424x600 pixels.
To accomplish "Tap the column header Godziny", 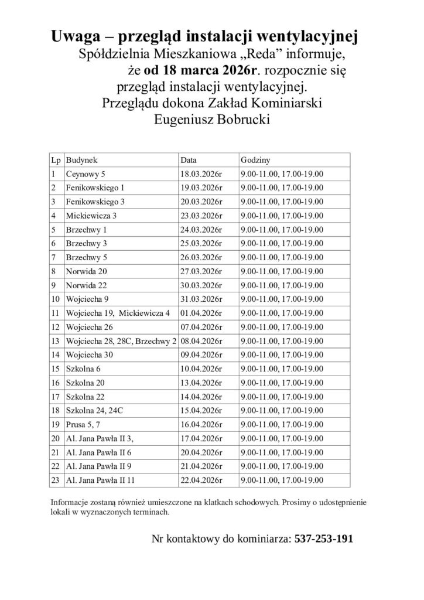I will coord(255,159).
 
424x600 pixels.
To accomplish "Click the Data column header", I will coord(189,159).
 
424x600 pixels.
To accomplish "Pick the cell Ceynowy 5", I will coord(86,173).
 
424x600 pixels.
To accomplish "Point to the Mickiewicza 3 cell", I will coord(92,215).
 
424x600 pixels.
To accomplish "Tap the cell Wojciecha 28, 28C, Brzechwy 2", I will coord(122,340).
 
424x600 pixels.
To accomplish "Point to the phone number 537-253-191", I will coord(323,538).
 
